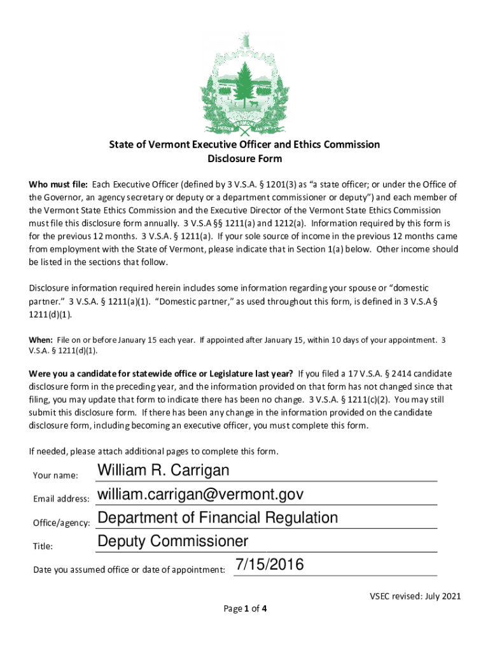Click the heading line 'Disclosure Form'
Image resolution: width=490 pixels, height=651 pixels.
coord(245,159)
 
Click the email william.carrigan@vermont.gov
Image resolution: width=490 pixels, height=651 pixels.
coord(200,495)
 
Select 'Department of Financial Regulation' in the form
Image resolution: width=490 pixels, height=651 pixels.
coord(217,517)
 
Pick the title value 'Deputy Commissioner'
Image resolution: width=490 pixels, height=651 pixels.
coord(172,542)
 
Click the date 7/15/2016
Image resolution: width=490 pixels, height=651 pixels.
coord(269,565)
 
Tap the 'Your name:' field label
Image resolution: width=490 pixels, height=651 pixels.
coord(55,476)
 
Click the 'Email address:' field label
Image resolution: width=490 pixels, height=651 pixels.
coord(61,499)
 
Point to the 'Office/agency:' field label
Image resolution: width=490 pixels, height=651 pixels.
coord(61,523)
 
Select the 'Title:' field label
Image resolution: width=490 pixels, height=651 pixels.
coord(43,546)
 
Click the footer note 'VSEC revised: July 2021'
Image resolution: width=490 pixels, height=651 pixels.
coord(415,596)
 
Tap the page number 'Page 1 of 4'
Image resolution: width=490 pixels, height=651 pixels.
coord(245,609)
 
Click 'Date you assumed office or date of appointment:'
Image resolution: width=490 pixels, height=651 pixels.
coord(129,570)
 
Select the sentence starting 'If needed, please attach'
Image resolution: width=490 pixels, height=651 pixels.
coord(153,452)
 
